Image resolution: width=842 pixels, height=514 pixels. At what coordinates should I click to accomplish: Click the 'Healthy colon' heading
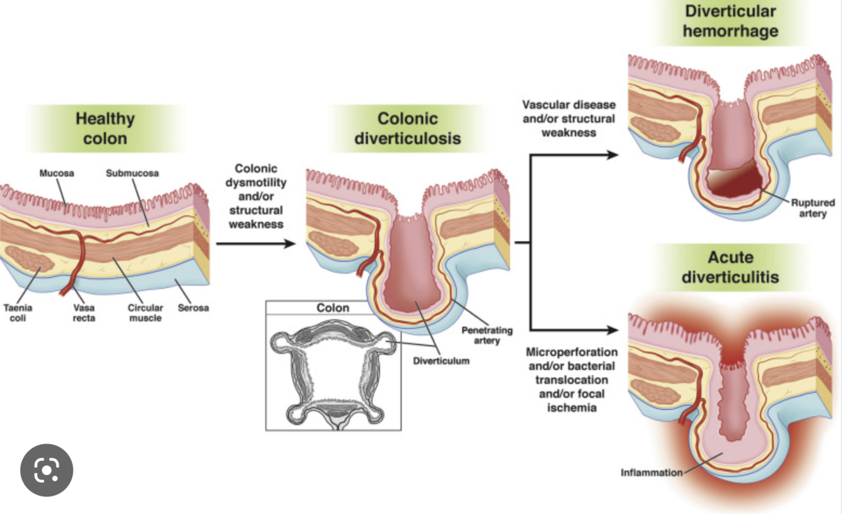tap(105, 128)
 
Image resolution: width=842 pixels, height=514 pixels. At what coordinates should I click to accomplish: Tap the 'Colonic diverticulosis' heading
tap(407, 128)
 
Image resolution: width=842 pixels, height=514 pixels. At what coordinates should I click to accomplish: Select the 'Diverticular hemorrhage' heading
tap(730, 21)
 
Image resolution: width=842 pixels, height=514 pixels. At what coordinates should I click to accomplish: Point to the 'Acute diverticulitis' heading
tap(730, 267)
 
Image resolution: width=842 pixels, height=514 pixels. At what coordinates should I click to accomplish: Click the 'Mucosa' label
tap(57, 173)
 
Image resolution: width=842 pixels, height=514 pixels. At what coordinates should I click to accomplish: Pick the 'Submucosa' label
tap(132, 173)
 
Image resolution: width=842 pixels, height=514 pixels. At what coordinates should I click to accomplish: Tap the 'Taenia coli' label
tap(18, 313)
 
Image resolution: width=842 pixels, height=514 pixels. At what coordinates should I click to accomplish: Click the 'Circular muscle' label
tap(145, 313)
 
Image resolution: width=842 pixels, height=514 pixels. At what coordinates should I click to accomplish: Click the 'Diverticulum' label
tap(441, 361)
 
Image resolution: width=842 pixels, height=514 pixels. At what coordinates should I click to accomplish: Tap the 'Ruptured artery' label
tap(813, 208)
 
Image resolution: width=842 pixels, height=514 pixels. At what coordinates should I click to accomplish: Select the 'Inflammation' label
tap(651, 472)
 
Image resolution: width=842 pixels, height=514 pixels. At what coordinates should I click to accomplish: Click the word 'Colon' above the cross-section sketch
tap(333, 308)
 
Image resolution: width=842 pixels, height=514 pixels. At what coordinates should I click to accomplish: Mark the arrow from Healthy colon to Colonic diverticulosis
tap(256, 243)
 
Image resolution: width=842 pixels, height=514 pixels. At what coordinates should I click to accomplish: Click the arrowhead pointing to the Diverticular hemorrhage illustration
tap(612, 155)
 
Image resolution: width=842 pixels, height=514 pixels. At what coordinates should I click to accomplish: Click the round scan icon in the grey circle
tap(47, 470)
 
